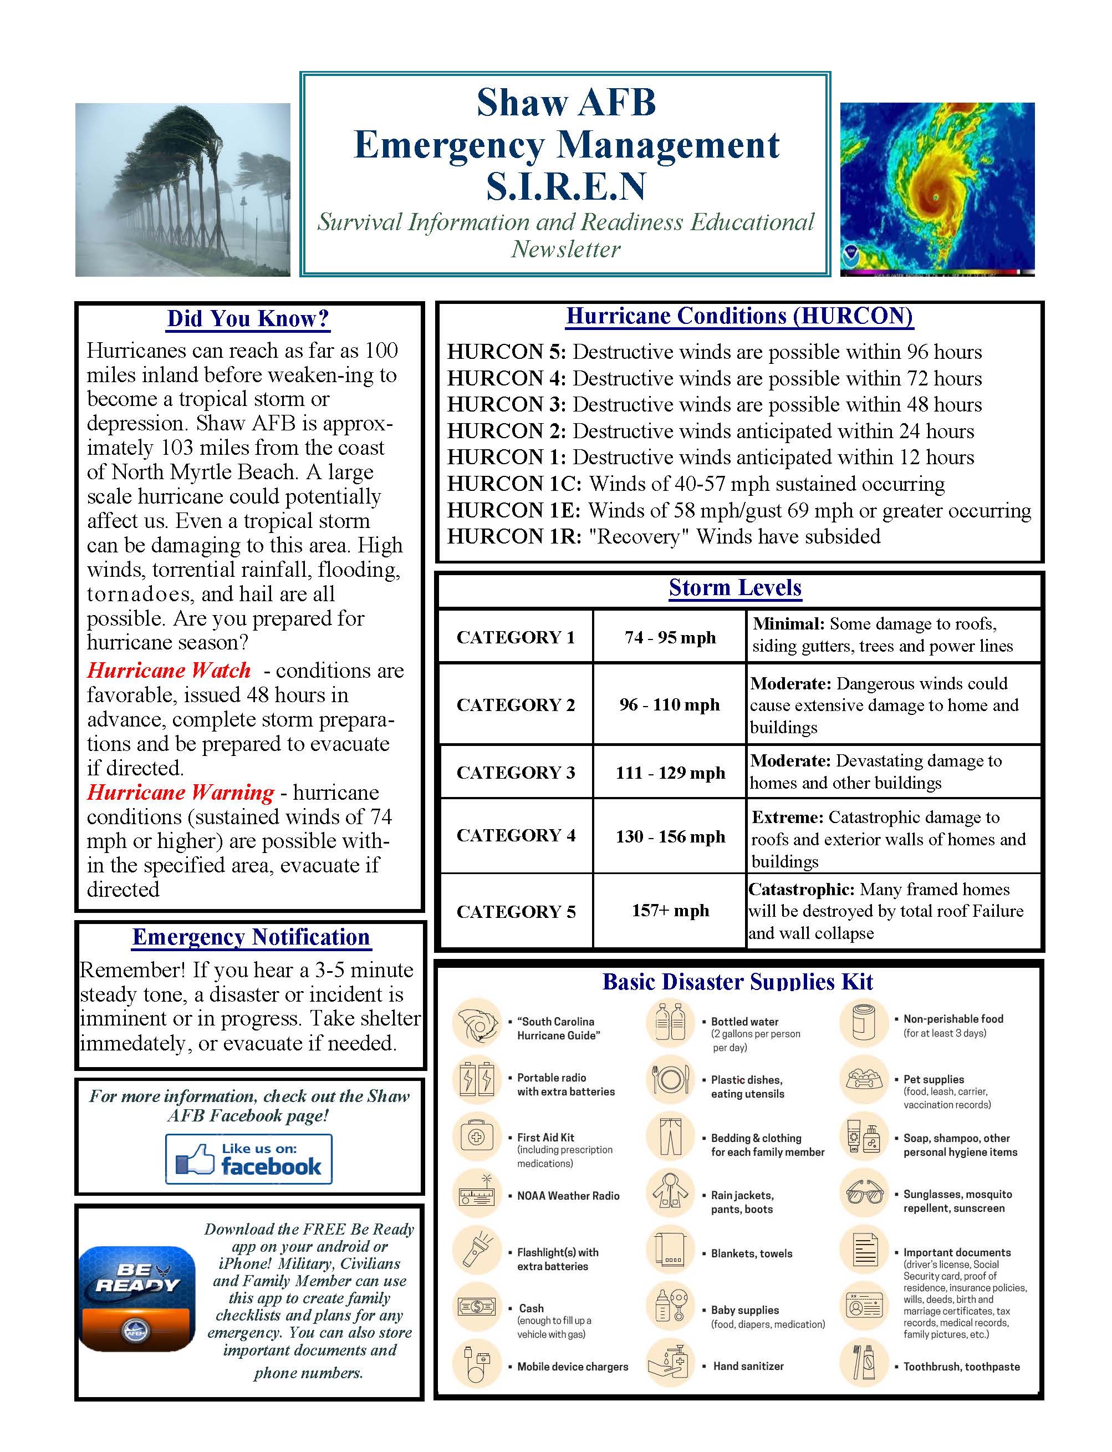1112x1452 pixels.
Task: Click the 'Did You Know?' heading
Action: [248, 318]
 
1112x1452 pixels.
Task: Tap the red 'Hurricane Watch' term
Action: [169, 670]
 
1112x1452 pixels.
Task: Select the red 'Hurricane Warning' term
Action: [180, 793]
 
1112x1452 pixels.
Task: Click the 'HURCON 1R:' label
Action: [514, 536]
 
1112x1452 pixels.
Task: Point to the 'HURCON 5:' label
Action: [506, 352]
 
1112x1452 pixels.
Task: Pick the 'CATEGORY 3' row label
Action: [516, 772]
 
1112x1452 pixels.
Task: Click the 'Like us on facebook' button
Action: [249, 1159]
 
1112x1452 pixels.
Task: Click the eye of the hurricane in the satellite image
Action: [935, 197]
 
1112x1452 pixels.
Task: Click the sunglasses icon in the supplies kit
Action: [864, 1194]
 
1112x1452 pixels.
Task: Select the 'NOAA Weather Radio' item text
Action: [568, 1196]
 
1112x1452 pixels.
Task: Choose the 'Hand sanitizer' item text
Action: [748, 1366]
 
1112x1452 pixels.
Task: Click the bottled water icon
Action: [670, 1022]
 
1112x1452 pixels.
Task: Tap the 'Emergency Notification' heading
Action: [251, 937]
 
